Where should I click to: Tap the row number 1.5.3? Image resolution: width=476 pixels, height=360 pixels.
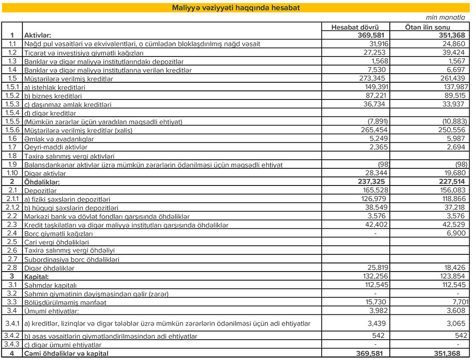tap(11, 104)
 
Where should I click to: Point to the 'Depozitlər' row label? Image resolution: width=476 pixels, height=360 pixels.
tap(40, 190)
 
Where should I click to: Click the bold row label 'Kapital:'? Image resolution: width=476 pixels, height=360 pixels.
tap(37, 276)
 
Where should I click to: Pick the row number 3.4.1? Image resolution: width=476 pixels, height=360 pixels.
tap(11, 324)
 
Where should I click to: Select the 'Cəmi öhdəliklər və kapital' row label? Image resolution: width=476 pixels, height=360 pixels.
tap(67, 354)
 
